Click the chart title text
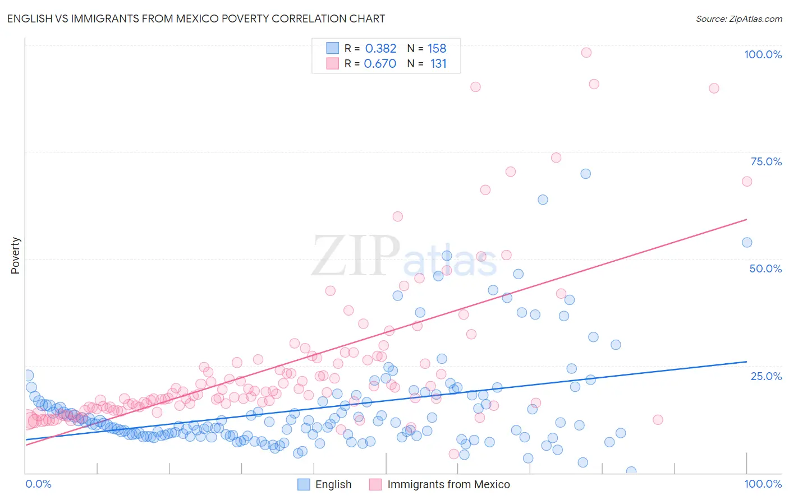(196, 18)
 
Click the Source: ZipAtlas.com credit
(738, 18)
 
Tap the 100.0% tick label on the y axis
(763, 54)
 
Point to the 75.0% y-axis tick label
(766, 161)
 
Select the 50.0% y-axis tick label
(765, 268)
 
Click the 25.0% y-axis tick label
(766, 376)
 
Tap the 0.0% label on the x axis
(38, 484)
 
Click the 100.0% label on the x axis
(763, 484)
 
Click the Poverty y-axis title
(15, 256)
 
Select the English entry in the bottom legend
(333, 484)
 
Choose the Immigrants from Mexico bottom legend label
(448, 484)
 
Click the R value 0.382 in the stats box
(380, 49)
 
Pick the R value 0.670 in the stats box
(380, 64)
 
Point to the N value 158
(437, 49)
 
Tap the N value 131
(438, 64)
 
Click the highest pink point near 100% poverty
(586, 53)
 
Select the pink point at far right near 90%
(714, 88)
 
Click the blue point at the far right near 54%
(747, 243)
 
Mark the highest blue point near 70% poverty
(585, 174)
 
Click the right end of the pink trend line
(746, 219)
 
